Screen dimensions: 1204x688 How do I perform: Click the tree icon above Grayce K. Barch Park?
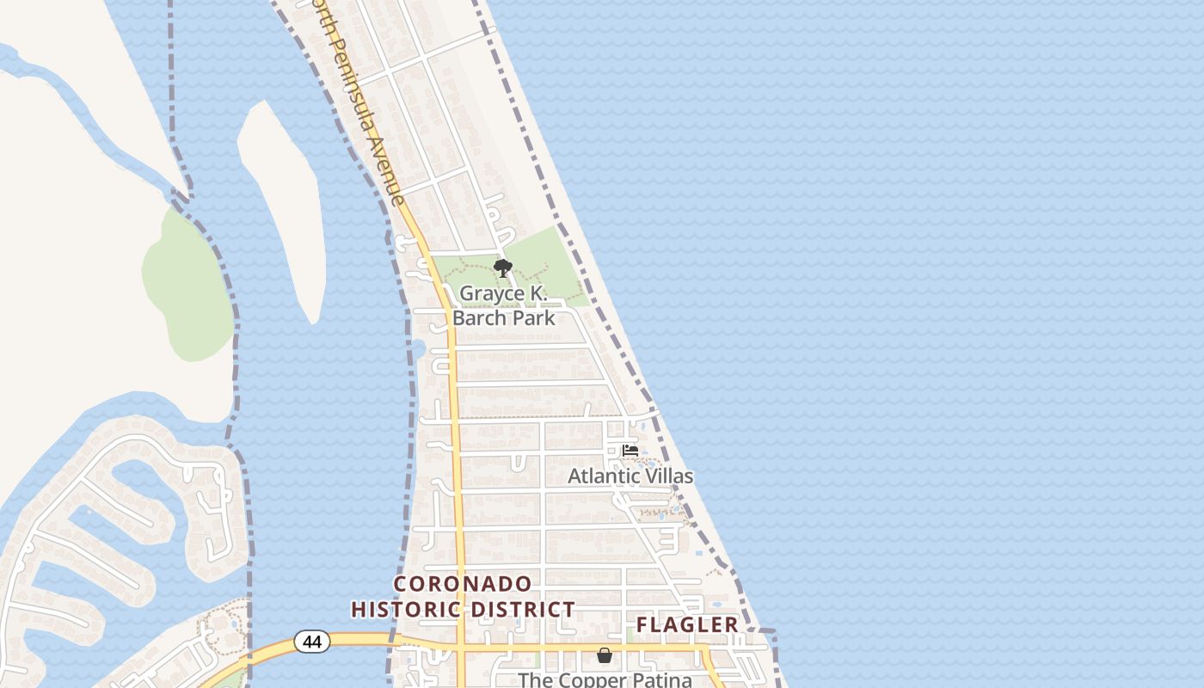[503, 268]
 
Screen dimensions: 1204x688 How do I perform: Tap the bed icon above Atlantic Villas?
[630, 450]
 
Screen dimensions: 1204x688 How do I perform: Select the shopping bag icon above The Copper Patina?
[605, 656]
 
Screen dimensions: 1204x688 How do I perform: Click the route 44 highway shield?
[311, 641]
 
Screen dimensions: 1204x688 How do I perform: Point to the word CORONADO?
[463, 584]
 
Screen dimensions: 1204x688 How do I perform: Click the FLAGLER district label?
[687, 625]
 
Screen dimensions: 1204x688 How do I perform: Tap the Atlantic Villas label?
[630, 476]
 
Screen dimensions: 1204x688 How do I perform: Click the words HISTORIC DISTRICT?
[463, 610]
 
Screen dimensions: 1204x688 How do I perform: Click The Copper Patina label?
[605, 679]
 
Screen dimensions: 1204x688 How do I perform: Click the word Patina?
[661, 679]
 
